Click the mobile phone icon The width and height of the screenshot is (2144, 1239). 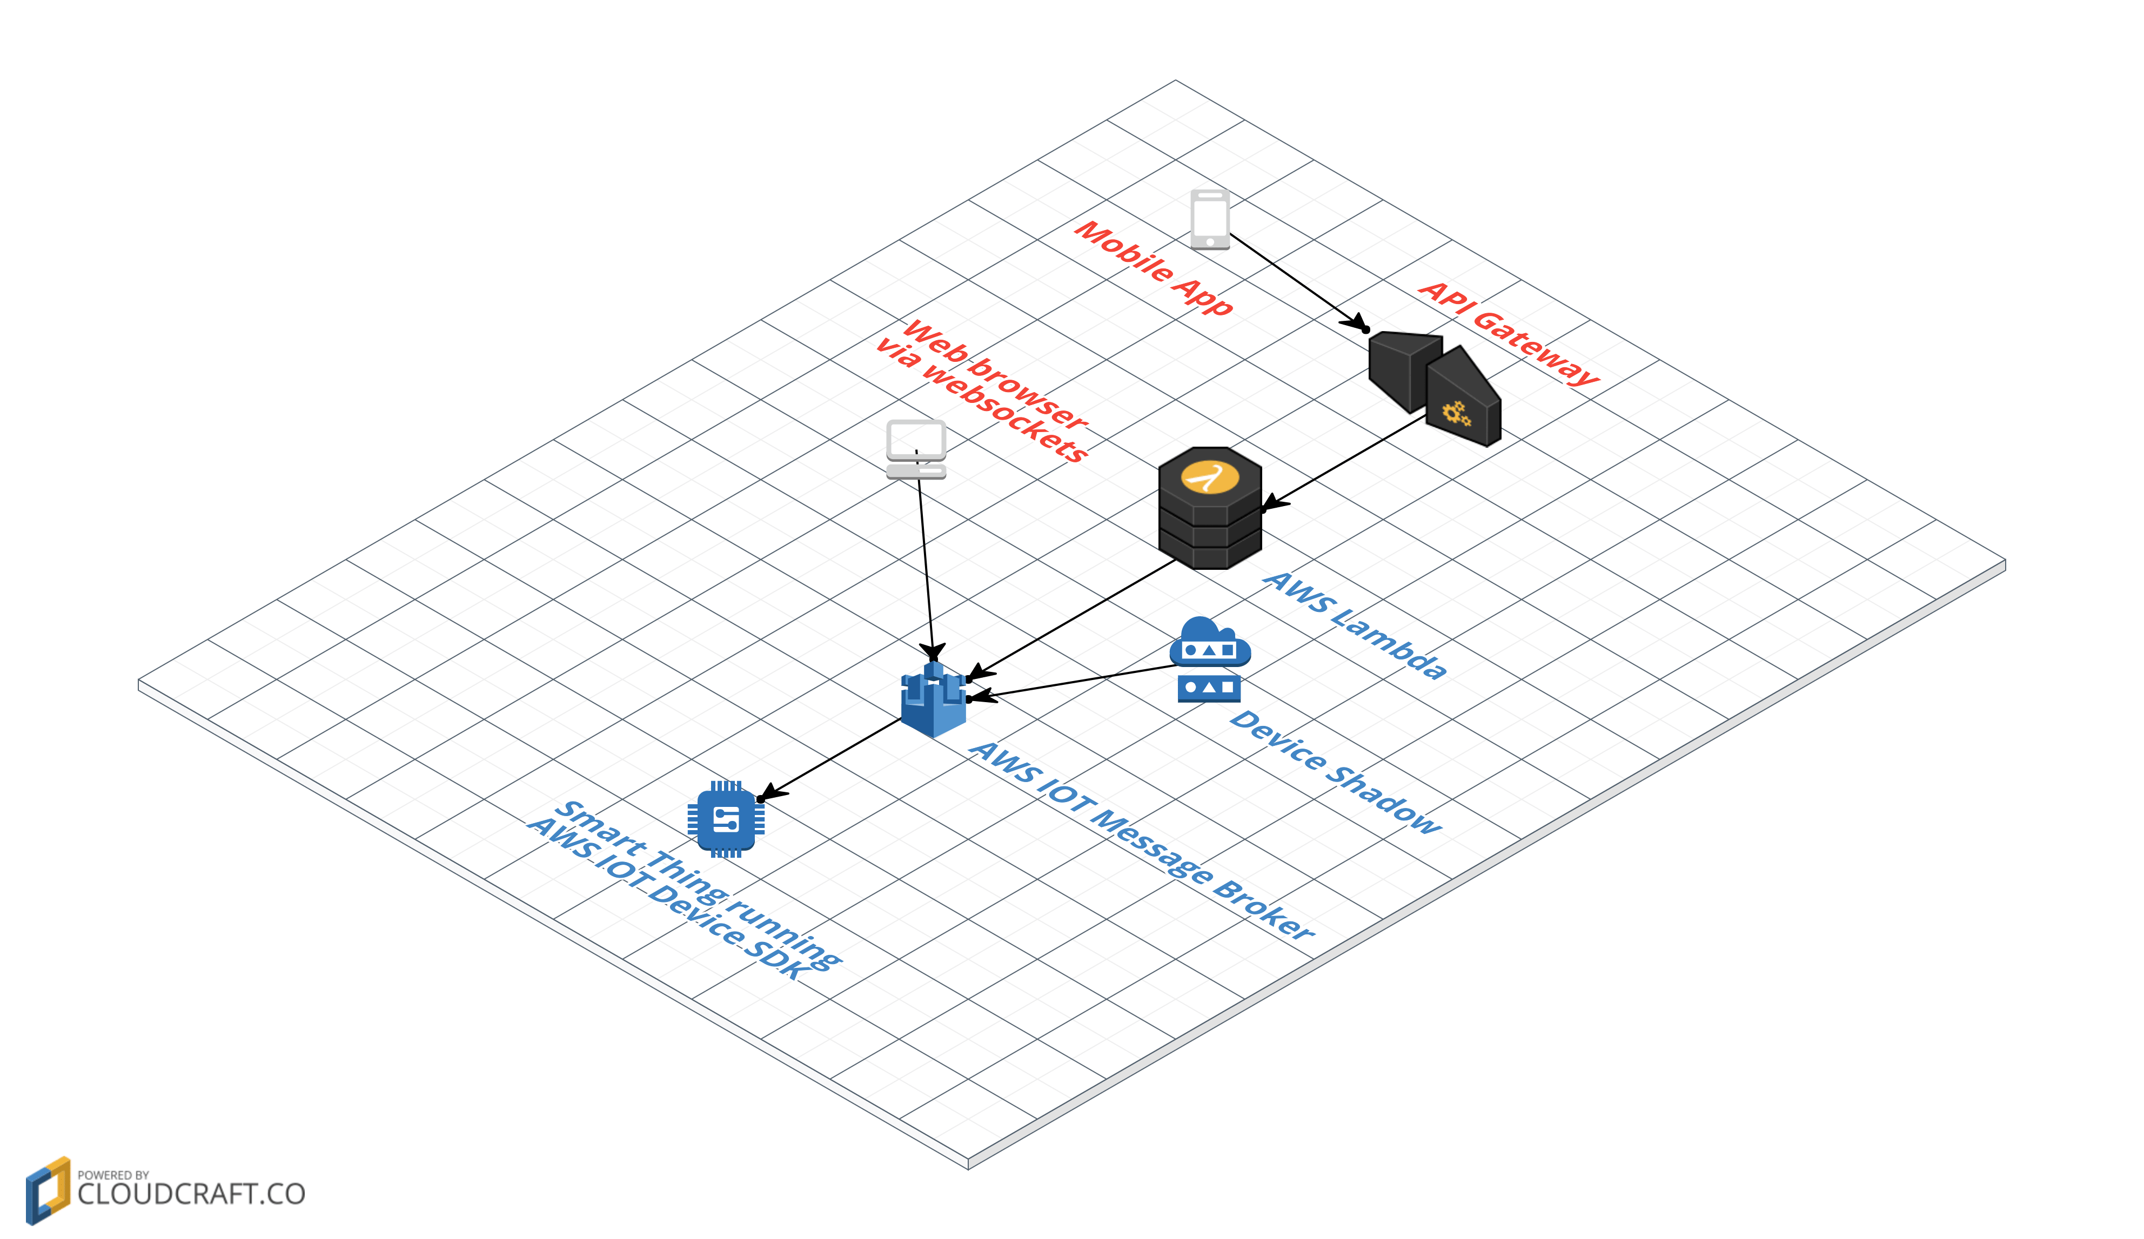point(1210,219)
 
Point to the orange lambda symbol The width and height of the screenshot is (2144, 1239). point(1209,477)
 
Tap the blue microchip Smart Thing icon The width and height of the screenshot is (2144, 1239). point(726,818)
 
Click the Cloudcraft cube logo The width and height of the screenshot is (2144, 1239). point(48,1190)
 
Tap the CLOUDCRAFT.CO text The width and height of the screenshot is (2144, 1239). point(191,1194)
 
